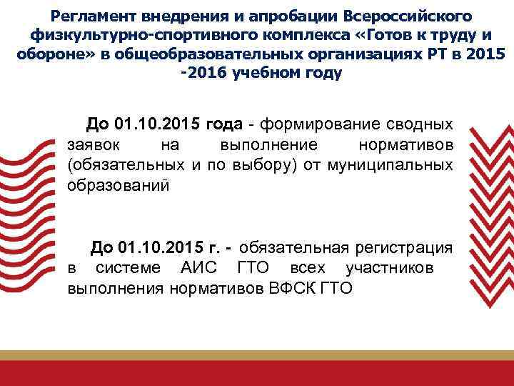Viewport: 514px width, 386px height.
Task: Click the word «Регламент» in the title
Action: click(93, 16)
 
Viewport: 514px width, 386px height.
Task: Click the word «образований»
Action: click(119, 186)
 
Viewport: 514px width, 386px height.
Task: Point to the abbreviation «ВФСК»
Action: click(294, 288)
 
